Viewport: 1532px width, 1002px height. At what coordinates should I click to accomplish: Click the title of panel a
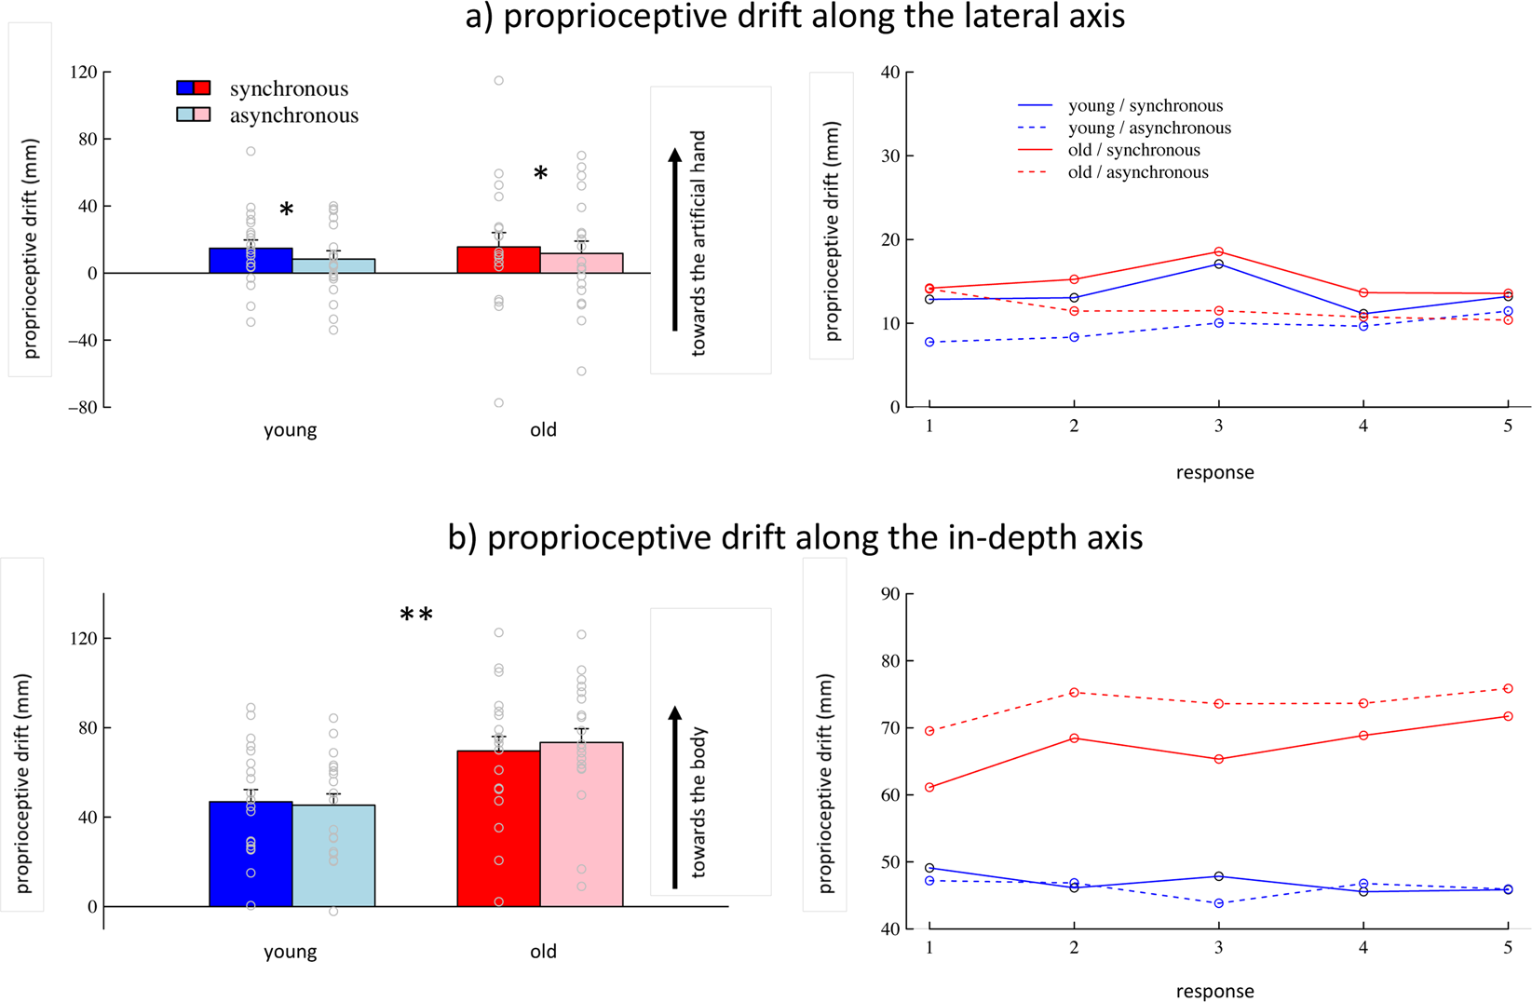click(794, 17)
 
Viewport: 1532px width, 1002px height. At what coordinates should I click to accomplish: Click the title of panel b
click(794, 538)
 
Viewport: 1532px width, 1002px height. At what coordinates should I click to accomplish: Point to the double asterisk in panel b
click(416, 616)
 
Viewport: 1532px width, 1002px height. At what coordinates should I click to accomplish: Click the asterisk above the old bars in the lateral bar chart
click(540, 174)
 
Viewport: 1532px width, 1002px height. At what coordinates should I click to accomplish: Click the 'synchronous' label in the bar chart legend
click(289, 88)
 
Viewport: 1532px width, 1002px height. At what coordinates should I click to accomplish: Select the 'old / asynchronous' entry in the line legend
click(1137, 172)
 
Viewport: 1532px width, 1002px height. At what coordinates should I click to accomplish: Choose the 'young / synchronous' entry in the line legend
click(1145, 106)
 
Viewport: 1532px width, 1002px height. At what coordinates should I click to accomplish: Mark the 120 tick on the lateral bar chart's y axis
click(86, 72)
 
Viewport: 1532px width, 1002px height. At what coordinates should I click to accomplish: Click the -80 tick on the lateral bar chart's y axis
click(84, 407)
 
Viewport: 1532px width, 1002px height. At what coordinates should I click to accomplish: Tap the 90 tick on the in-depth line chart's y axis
click(889, 593)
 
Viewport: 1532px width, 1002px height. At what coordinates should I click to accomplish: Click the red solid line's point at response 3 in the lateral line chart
click(1218, 251)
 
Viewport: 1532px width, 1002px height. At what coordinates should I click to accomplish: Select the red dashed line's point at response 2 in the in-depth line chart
click(1074, 693)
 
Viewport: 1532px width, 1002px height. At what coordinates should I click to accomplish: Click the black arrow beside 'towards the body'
click(675, 796)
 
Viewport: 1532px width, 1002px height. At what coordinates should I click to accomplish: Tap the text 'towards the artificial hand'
click(698, 242)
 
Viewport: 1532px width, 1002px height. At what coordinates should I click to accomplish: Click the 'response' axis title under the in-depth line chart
click(1214, 991)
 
